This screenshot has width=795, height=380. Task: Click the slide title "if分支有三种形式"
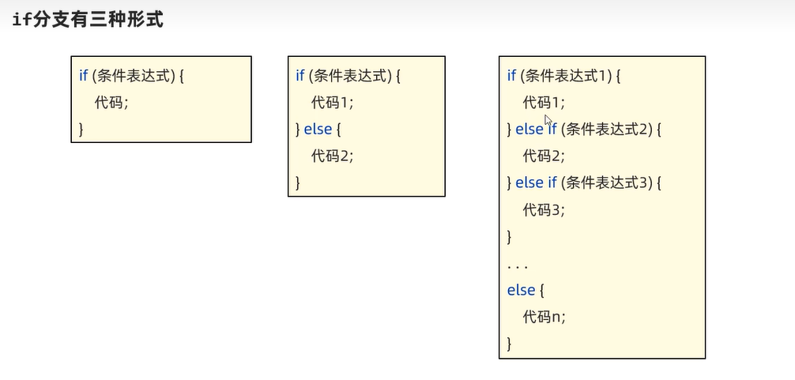pyautogui.click(x=88, y=20)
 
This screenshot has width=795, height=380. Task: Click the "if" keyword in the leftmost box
pyautogui.click(x=83, y=76)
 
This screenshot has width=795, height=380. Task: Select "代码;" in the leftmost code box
pyautogui.click(x=111, y=102)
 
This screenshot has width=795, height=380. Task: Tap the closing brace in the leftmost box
pyautogui.click(x=81, y=128)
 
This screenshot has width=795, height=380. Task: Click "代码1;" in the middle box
pyautogui.click(x=333, y=102)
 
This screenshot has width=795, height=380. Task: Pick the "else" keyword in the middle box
pyautogui.click(x=318, y=129)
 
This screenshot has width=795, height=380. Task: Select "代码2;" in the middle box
pyautogui.click(x=333, y=156)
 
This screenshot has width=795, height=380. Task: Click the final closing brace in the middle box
pyautogui.click(x=298, y=182)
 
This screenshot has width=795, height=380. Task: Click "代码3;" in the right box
pyautogui.click(x=544, y=209)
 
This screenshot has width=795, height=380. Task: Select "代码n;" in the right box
pyautogui.click(x=544, y=317)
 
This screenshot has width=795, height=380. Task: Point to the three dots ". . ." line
pyautogui.click(x=518, y=265)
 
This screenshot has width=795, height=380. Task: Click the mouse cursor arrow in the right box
pyautogui.click(x=548, y=120)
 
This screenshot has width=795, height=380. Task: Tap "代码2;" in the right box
pyautogui.click(x=544, y=156)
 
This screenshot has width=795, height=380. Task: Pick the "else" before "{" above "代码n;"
pyautogui.click(x=522, y=290)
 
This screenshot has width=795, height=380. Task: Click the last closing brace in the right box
pyautogui.click(x=510, y=343)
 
